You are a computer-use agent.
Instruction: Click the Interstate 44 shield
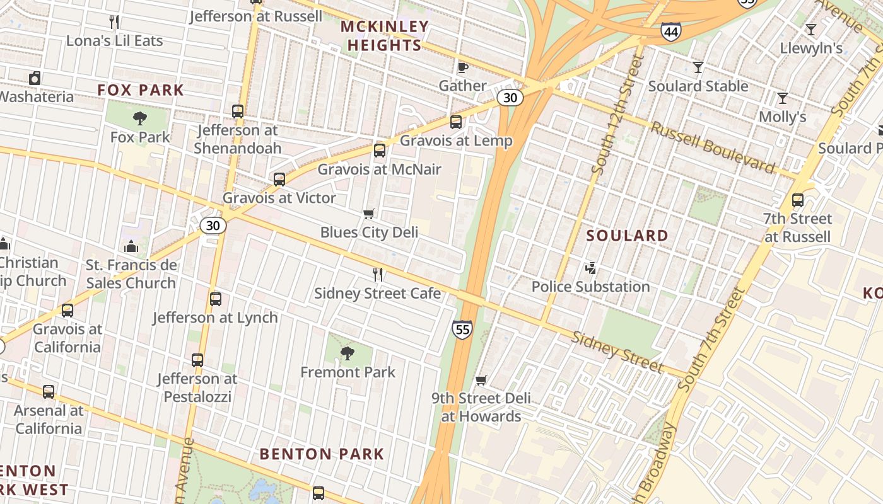click(x=670, y=30)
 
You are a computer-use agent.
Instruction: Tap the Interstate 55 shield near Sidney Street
click(x=462, y=329)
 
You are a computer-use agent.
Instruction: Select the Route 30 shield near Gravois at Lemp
click(x=509, y=98)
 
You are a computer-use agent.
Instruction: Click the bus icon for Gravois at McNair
click(x=379, y=150)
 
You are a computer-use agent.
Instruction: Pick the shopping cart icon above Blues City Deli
click(x=369, y=214)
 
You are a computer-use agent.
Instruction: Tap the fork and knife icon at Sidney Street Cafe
click(x=377, y=274)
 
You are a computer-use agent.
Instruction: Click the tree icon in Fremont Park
click(x=348, y=353)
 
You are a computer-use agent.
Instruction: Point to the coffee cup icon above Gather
click(x=462, y=67)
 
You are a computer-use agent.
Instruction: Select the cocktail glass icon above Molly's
click(x=782, y=98)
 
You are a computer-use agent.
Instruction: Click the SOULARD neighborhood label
click(x=627, y=236)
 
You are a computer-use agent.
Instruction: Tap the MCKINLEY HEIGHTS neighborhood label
click(x=385, y=36)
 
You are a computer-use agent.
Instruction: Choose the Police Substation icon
click(x=590, y=268)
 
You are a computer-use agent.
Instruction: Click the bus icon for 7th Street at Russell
click(x=797, y=200)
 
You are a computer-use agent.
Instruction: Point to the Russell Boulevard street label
click(x=713, y=148)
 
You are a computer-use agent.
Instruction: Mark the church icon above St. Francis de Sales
click(x=131, y=246)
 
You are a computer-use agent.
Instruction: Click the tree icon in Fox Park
click(x=140, y=118)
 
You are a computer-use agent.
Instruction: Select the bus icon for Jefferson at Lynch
click(x=215, y=299)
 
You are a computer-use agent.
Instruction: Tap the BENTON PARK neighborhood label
click(x=322, y=454)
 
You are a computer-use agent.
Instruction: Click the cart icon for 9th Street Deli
click(x=481, y=380)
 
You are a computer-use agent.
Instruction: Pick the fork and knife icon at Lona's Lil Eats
click(x=114, y=22)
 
